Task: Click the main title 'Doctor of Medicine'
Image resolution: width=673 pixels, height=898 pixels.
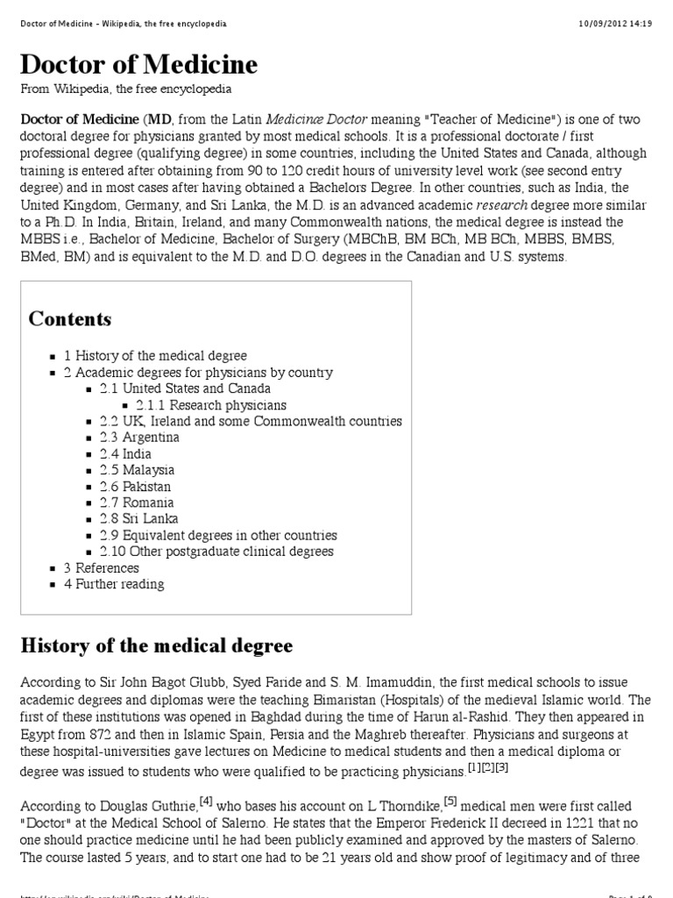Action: [x=139, y=64]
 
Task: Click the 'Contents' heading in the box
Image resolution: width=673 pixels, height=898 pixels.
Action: [x=70, y=318]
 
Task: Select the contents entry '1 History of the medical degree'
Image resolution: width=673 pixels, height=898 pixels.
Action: [x=155, y=356]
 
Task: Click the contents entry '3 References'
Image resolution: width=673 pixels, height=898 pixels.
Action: [x=102, y=568]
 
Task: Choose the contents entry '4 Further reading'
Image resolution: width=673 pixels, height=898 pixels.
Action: [x=114, y=584]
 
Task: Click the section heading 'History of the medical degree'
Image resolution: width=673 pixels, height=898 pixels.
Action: [x=157, y=646]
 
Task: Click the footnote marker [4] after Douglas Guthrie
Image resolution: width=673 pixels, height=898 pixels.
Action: [x=206, y=800]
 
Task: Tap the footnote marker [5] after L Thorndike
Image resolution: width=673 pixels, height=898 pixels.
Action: [x=450, y=800]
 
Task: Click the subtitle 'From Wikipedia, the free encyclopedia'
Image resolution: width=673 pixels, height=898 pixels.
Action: [x=126, y=89]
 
